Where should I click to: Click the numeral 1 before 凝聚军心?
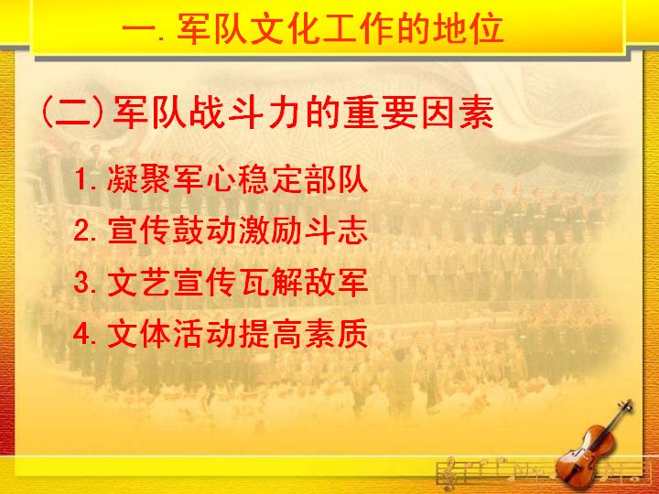coord(81,179)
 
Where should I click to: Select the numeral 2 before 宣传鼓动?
coord(81,231)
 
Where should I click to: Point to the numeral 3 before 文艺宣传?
coord(81,282)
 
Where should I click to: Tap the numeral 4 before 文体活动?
coord(81,334)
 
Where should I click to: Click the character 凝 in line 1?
coord(123,179)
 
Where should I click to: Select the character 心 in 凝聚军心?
coord(221,179)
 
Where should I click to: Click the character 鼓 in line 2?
coord(189,231)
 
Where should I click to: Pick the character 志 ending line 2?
coord(352,231)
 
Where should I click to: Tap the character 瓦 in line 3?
coord(254,282)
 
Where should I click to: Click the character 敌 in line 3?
coord(319,282)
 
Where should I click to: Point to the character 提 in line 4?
coord(254,334)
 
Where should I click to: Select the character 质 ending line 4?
coord(352,334)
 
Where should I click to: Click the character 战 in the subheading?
coord(206,113)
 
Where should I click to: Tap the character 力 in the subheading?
coord(285,113)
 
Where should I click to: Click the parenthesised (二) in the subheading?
coord(73,113)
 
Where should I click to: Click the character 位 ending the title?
coord(488,28)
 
